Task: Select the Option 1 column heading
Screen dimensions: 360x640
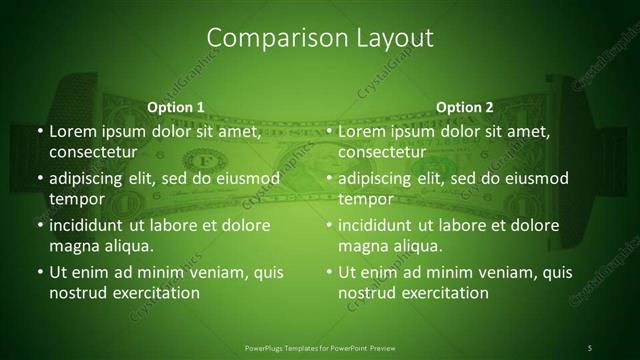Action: (176, 107)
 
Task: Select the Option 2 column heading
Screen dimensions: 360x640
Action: (464, 107)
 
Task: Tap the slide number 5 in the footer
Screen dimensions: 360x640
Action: (590, 347)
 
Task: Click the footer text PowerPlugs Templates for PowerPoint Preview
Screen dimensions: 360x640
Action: (319, 347)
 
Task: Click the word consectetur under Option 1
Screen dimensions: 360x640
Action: (92, 152)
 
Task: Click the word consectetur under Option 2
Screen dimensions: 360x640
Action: (381, 152)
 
